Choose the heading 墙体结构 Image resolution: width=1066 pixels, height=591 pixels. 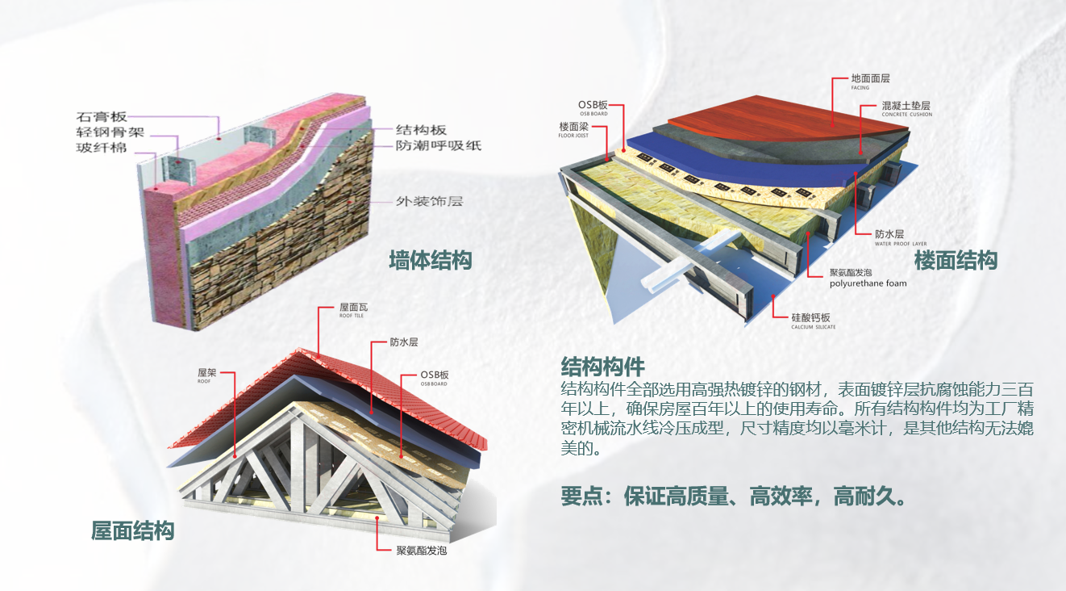[x=430, y=261]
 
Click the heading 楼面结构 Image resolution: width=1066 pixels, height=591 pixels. [x=956, y=261]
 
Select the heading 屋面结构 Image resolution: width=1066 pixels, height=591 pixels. [x=133, y=531]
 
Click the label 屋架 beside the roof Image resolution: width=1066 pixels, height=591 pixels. [x=206, y=375]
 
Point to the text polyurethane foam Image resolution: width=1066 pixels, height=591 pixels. [x=868, y=283]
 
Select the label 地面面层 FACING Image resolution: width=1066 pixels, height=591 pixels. [x=870, y=80]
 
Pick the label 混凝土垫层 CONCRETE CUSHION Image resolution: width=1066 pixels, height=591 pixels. [x=906, y=107]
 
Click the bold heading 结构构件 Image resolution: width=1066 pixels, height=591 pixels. [x=602, y=365]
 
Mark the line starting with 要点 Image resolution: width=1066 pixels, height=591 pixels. [x=733, y=495]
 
